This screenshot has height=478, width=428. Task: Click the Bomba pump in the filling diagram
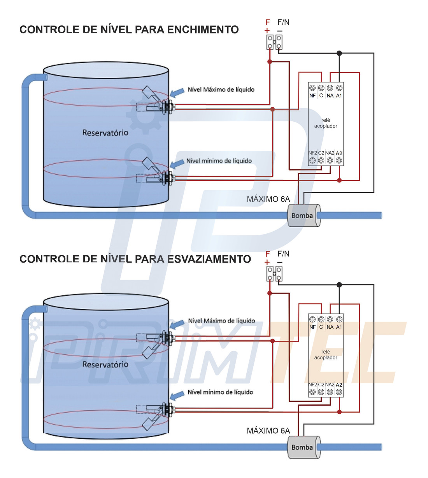pos(304,215)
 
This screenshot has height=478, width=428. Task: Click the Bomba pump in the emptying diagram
pos(304,447)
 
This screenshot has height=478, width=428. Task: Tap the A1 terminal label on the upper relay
pos(339,96)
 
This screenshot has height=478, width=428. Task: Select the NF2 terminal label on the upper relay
pos(312,153)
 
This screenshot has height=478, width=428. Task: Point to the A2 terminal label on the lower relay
pos(339,385)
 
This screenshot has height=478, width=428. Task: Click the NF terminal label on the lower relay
pos(312,327)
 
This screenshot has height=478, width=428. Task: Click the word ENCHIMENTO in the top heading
pos(203,30)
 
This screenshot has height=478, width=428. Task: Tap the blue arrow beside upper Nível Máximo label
pos(177,92)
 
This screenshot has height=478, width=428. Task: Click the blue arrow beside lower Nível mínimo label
pos(177,395)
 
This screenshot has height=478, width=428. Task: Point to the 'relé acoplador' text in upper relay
pos(326,123)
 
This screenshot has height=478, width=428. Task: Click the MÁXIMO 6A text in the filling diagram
pos(268,199)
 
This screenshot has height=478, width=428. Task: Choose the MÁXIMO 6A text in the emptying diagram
pos(268,431)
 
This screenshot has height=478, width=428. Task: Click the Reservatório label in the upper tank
pos(105,133)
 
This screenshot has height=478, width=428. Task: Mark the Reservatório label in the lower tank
pos(105,364)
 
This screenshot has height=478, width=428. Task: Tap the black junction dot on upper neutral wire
pos(339,53)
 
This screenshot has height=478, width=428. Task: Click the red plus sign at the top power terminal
pos(267,31)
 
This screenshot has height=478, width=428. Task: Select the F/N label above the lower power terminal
pos(283,254)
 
